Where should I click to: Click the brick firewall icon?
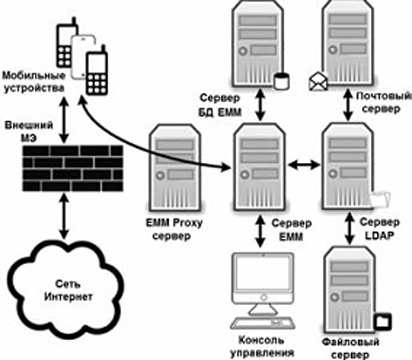click(x=73, y=169)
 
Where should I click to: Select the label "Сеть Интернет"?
click(x=68, y=290)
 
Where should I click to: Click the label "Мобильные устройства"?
click(x=34, y=81)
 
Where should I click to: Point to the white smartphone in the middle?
click(x=83, y=57)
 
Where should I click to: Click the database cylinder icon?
click(x=282, y=81)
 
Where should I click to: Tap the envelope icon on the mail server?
click(x=318, y=82)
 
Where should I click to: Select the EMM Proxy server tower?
click(x=175, y=170)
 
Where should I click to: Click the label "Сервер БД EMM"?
click(x=220, y=105)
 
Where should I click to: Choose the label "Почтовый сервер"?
click(x=383, y=102)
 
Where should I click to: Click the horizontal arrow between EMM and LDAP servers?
click(x=303, y=165)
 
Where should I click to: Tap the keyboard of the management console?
click(x=262, y=323)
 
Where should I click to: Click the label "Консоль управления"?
click(x=262, y=346)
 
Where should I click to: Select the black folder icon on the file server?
click(x=383, y=321)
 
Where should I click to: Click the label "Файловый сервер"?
click(x=351, y=348)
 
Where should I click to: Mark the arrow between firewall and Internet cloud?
click(x=63, y=217)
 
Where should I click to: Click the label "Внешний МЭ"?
click(x=29, y=132)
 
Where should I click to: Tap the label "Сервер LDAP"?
click(x=379, y=229)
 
